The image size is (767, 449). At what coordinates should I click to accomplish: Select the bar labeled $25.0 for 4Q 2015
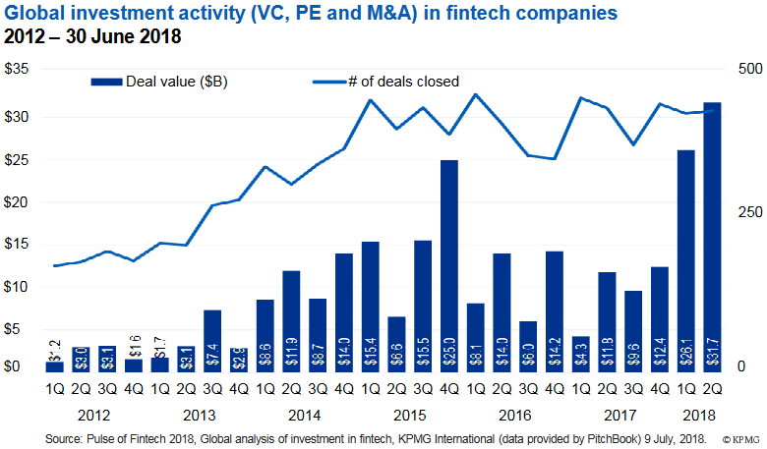449,265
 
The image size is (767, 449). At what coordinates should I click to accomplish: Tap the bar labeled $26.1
686,260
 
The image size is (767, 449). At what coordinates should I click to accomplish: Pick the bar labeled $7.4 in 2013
212,340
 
